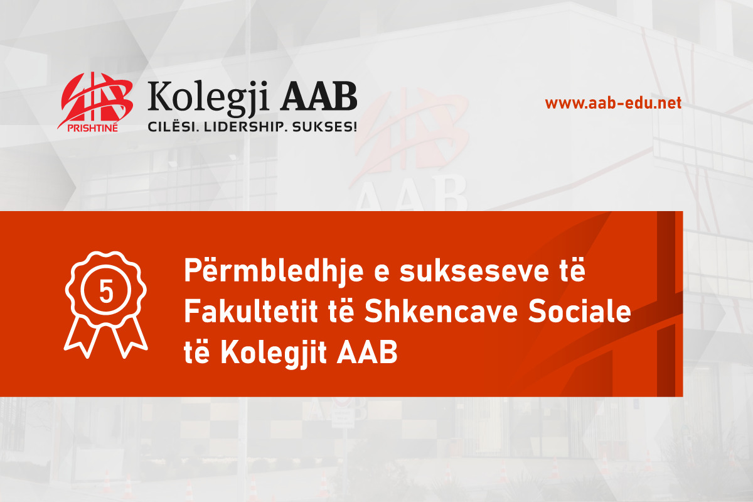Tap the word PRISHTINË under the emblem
point(92,128)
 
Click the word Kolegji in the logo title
point(209,97)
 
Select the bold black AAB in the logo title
point(319,95)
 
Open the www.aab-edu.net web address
point(613,103)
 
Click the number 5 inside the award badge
point(106,292)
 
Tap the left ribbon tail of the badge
point(83,337)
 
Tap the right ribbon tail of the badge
point(129,337)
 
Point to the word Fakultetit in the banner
point(251,312)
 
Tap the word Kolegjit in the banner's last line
point(274,354)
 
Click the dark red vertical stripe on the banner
point(666,303)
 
